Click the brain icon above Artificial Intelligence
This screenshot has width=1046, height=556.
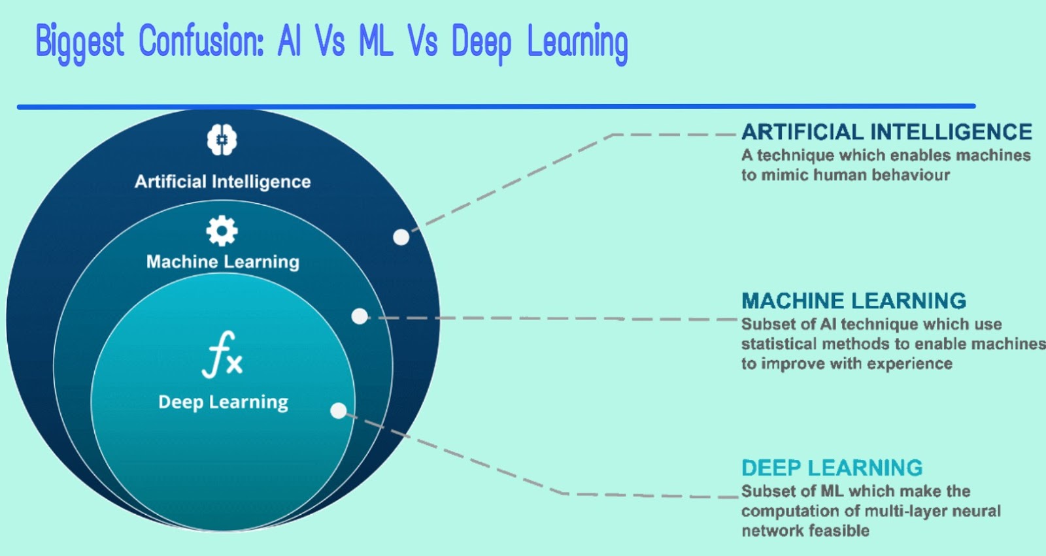coord(222,140)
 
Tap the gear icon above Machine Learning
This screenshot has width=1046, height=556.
coord(222,231)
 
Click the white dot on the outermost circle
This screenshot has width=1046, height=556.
coord(401,237)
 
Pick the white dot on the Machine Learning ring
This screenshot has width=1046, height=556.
coord(360,316)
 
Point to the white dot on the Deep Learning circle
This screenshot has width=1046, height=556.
coord(339,410)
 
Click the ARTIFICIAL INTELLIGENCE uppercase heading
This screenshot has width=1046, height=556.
coord(886,132)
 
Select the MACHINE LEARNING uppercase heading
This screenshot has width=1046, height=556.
coord(853,301)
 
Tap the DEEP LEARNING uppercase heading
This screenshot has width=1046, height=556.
coord(832,468)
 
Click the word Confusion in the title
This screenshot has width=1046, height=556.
coord(201,42)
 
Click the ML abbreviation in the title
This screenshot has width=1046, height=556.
coord(376,42)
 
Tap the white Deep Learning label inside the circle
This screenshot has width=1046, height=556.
coord(223,402)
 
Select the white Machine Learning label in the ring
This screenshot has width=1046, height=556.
coord(223,262)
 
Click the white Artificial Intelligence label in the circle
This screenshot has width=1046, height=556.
coord(222,182)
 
